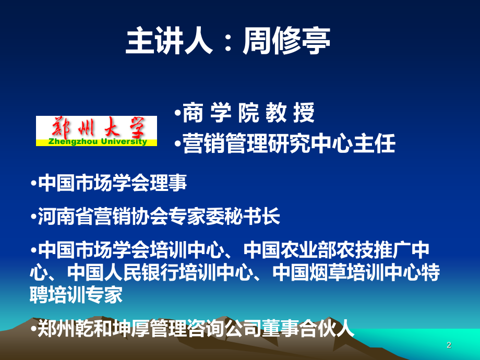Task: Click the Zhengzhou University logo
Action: (97, 130)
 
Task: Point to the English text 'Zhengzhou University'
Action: (97, 141)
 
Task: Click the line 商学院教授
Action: (248, 113)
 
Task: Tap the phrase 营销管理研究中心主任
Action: (289, 144)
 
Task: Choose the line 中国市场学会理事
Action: (113, 183)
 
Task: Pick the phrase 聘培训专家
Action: (77, 295)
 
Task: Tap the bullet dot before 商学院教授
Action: (177, 114)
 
